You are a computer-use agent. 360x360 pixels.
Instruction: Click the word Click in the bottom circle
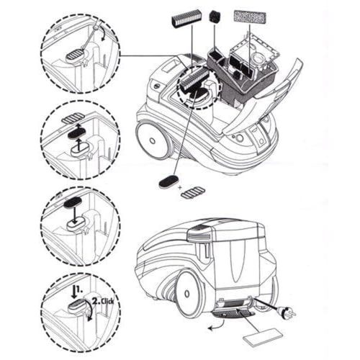[x=107, y=301]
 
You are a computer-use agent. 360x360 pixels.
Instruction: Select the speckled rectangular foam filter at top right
[x=250, y=17]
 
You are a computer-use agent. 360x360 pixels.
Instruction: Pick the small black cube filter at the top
[x=215, y=17]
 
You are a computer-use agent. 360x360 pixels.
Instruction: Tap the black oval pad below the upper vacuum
[x=168, y=181]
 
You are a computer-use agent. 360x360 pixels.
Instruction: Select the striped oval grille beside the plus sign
[x=194, y=193]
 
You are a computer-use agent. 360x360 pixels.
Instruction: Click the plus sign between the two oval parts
[x=180, y=188]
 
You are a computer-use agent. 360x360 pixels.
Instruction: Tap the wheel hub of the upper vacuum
[x=153, y=140]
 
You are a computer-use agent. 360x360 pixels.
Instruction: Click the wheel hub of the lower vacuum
[x=187, y=294]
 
